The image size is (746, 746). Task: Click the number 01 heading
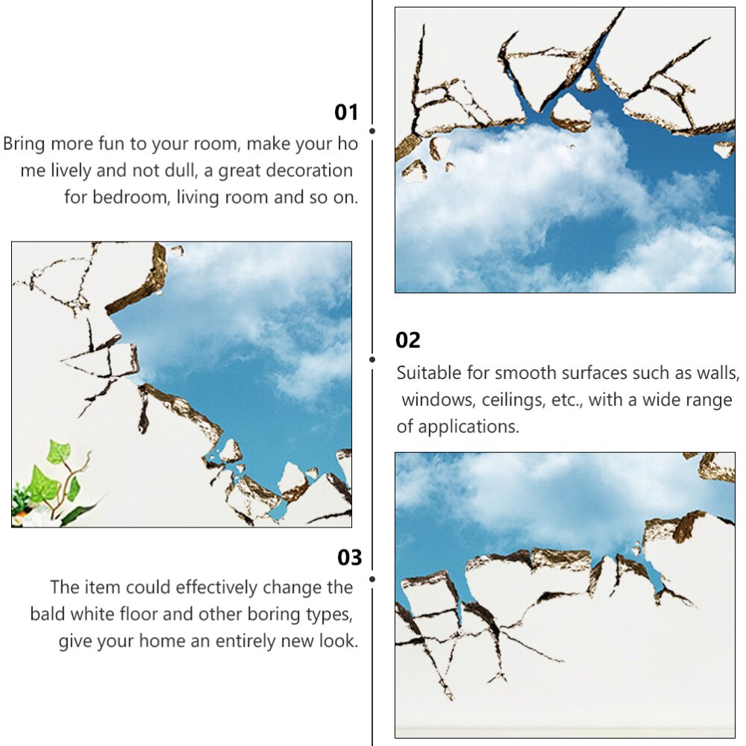coord(346,113)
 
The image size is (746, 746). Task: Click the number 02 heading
coord(408,341)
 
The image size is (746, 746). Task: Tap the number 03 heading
coord(349,558)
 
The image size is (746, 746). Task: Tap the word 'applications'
coord(466,427)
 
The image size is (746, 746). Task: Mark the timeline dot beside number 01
coord(372,131)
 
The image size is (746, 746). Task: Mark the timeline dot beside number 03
coord(372,578)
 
